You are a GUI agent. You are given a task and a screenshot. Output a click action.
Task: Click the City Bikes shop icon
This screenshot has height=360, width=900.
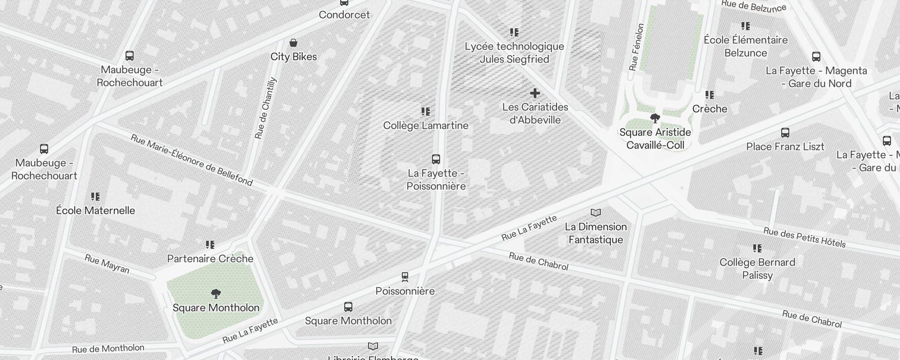pyautogui.click(x=293, y=43)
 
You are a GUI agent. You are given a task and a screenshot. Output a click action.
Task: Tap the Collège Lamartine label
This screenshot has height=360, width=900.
pyautogui.click(x=426, y=126)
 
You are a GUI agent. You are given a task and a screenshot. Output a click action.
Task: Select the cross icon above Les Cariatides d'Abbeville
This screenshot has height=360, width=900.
pyautogui.click(x=535, y=93)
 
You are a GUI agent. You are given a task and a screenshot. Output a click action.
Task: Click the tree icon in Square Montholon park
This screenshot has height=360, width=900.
pyautogui.click(x=216, y=294)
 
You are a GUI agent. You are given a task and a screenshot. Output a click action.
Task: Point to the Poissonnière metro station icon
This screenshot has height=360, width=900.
pyautogui.click(x=405, y=276)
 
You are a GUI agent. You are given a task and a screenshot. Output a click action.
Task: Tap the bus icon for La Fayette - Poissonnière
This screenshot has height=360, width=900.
pyautogui.click(x=436, y=159)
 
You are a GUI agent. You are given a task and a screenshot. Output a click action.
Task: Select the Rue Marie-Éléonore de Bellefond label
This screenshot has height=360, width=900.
pyautogui.click(x=191, y=160)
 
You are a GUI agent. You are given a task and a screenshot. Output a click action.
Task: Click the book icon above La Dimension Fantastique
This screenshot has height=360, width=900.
pyautogui.click(x=595, y=212)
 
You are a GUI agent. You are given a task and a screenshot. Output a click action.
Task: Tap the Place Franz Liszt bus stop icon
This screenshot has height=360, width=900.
pyautogui.click(x=785, y=133)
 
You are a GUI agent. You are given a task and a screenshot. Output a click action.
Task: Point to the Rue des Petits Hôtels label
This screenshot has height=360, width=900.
pyautogui.click(x=804, y=238)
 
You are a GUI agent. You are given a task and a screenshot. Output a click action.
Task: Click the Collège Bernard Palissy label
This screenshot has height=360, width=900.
pyautogui.click(x=757, y=269)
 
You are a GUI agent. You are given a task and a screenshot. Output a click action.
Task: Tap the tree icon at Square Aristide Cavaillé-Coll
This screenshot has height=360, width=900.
pyautogui.click(x=655, y=118)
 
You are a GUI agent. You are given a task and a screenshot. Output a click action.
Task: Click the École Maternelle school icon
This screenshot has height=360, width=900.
pyautogui.click(x=95, y=196)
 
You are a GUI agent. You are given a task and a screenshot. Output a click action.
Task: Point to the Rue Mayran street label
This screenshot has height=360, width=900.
pyautogui.click(x=107, y=264)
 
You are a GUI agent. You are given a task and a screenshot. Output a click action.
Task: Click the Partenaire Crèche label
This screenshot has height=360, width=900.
pyautogui.click(x=210, y=259)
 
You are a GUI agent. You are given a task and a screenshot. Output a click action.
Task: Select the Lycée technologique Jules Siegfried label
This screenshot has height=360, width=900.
pyautogui.click(x=514, y=53)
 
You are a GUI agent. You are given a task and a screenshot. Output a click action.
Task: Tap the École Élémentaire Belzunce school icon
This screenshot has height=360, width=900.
pyautogui.click(x=746, y=26)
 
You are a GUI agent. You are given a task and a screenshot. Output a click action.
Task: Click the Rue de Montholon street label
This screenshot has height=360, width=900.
pyautogui.click(x=108, y=349)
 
